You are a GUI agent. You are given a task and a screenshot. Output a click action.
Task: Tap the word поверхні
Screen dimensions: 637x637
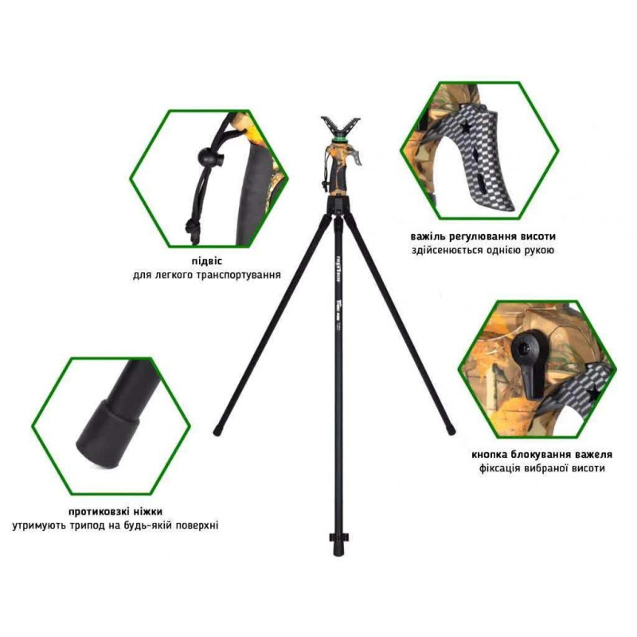click(x=194, y=526)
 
